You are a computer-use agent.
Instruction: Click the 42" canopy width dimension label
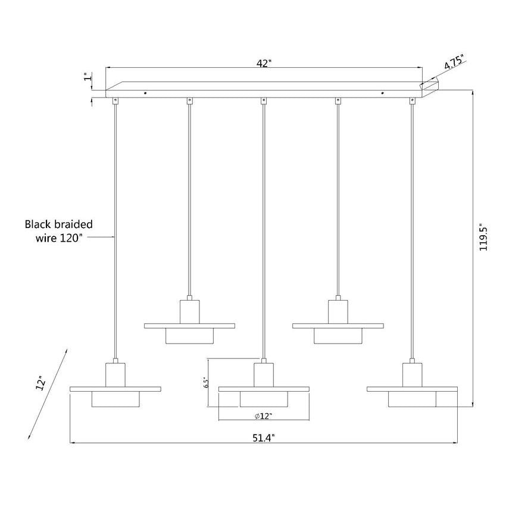[264, 64]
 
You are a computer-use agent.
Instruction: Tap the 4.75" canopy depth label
[454, 62]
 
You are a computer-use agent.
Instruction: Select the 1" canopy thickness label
[88, 77]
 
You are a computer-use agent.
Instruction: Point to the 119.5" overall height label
[483, 237]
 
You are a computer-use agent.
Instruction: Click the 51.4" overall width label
[263, 438]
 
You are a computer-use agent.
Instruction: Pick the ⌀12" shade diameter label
[263, 416]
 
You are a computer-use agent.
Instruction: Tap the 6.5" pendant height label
[207, 382]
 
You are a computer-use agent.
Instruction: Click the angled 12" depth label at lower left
[41, 383]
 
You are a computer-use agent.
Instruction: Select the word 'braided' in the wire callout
[74, 224]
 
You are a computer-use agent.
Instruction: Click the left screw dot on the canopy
[145, 93]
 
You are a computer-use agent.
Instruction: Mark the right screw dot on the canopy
[382, 93]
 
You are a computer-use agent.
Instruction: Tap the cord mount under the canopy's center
[264, 101]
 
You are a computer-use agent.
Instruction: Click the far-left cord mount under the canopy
[115, 101]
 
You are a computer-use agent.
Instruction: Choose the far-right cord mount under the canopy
[412, 101]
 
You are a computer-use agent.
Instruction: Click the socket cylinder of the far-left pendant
[115, 374]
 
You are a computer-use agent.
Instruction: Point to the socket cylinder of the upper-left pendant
[189, 312]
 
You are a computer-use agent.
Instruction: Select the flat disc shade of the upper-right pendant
[338, 326]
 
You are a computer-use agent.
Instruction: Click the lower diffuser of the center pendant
[264, 399]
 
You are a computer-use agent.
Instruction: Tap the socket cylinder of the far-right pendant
[412, 374]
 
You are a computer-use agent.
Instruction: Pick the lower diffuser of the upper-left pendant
[189, 336]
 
